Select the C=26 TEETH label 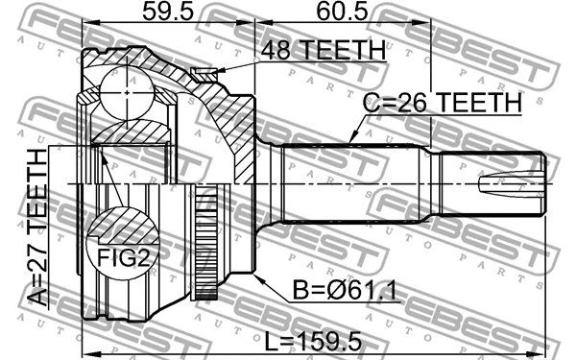[442, 101]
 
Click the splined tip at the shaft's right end [518, 180]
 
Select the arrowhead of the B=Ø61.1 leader [257, 276]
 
